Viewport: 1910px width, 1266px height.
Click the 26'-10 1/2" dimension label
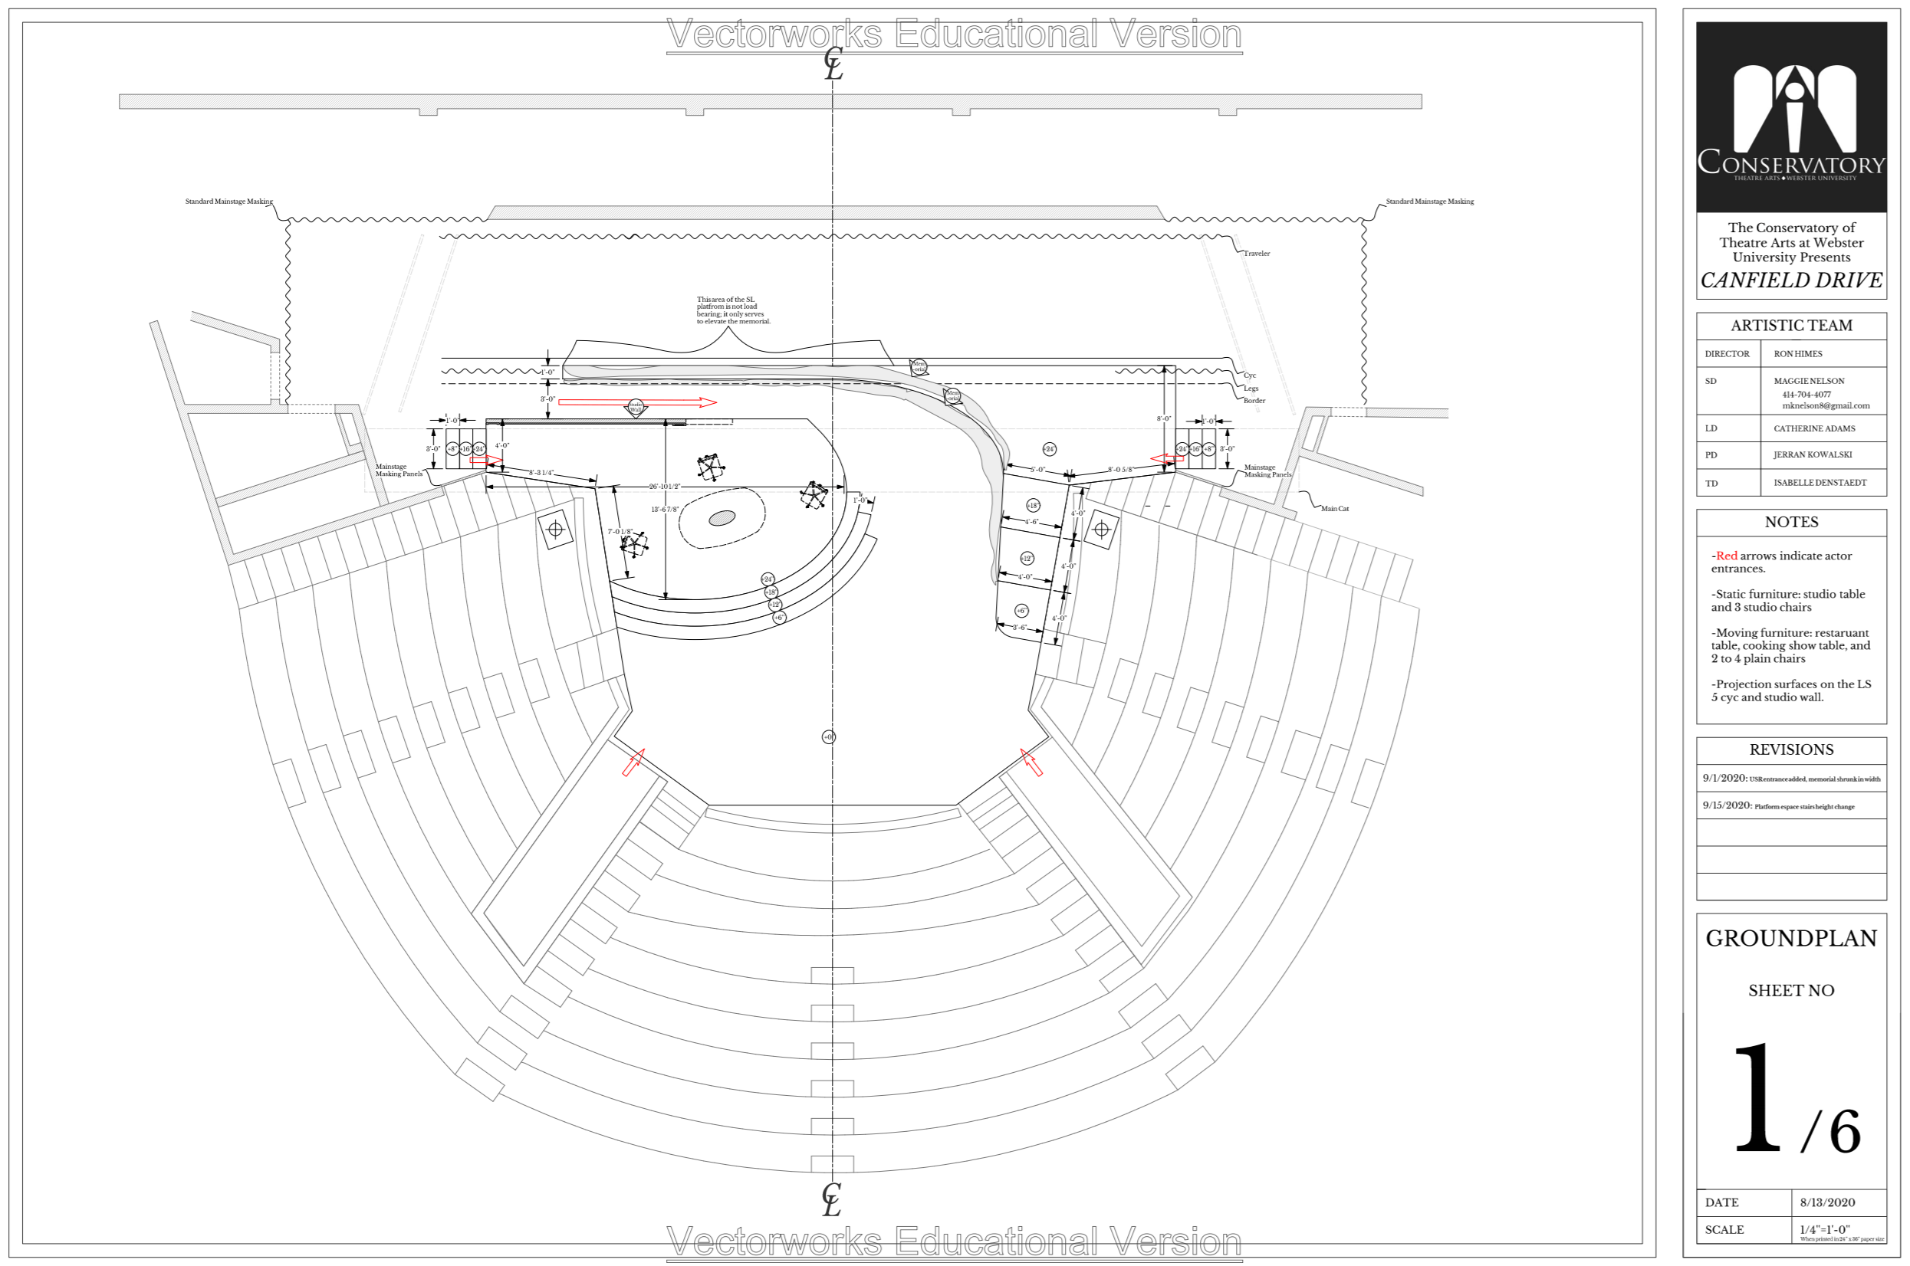pyautogui.click(x=665, y=487)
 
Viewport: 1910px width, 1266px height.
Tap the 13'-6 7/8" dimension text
pyautogui.click(x=665, y=510)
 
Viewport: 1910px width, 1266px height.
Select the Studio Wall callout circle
pyautogui.click(x=636, y=407)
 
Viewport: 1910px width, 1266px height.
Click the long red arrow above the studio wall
pyautogui.click(x=636, y=402)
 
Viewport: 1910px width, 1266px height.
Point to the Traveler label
pyautogui.click(x=1256, y=254)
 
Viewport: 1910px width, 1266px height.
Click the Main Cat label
pyautogui.click(x=1334, y=509)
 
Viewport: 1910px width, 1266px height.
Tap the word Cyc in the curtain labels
pyautogui.click(x=1249, y=376)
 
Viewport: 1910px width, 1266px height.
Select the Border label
pyautogui.click(x=1254, y=401)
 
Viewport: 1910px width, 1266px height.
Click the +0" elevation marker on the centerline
pyautogui.click(x=829, y=737)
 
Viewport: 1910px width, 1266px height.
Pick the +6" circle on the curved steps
pyautogui.click(x=778, y=618)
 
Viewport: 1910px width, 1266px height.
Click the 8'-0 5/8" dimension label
pyautogui.click(x=1120, y=469)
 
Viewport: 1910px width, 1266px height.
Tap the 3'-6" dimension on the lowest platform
pyautogui.click(x=1019, y=628)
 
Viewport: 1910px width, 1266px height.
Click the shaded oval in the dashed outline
pyautogui.click(x=722, y=518)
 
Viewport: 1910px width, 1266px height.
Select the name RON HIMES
pyautogui.click(x=1798, y=353)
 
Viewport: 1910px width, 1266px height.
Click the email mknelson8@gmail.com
pyautogui.click(x=1825, y=406)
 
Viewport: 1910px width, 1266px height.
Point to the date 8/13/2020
pyautogui.click(x=1827, y=1202)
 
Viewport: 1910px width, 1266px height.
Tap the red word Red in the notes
pyautogui.click(x=1726, y=556)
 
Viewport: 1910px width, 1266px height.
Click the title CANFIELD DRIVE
pyautogui.click(x=1790, y=280)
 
